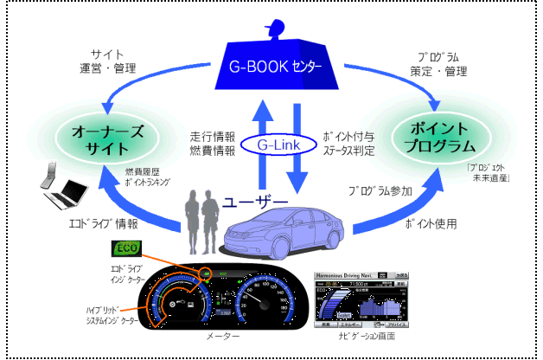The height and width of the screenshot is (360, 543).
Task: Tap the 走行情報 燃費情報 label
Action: [x=211, y=145]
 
